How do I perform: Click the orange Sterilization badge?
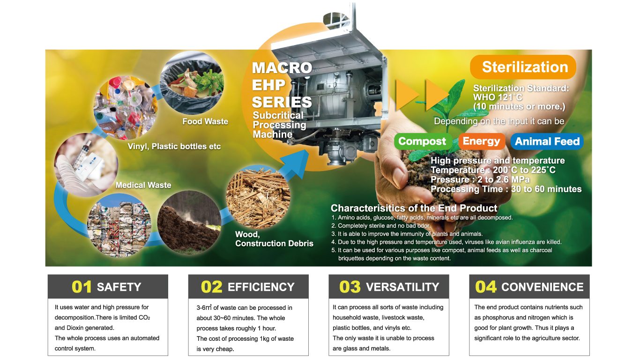point(523,67)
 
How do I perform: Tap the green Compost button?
point(422,141)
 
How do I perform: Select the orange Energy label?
point(482,141)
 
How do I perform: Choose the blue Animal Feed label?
point(547,141)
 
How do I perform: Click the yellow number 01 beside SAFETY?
point(82,287)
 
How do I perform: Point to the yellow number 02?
point(211,287)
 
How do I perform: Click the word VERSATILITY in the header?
point(402,287)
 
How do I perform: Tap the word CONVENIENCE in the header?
point(542,287)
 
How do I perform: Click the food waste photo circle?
point(192,82)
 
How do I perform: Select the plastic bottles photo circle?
point(126,108)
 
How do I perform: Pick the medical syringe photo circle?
point(86,165)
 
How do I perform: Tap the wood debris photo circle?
point(258,197)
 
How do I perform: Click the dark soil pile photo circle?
point(189,223)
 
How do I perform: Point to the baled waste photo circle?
point(119,225)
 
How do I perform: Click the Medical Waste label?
point(143,185)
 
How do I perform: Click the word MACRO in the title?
point(282,68)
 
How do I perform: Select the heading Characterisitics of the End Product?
point(414,208)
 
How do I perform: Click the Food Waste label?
point(205,121)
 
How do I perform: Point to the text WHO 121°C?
point(498,97)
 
